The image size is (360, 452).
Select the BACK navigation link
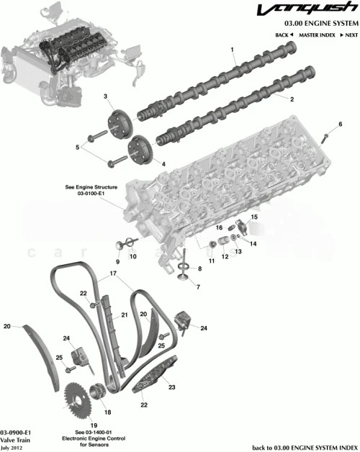pyautogui.click(x=285, y=35)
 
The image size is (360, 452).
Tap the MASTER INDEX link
pyautogui.click(x=318, y=35)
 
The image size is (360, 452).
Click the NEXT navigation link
pyautogui.click(x=350, y=35)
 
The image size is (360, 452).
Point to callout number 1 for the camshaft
pyautogui.click(x=233, y=49)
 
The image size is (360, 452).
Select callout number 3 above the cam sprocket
pyautogui.click(x=105, y=96)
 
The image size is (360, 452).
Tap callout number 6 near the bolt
pyautogui.click(x=339, y=125)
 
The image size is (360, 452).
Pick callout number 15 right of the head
pyautogui.click(x=254, y=217)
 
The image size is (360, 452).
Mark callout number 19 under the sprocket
pyautogui.click(x=94, y=425)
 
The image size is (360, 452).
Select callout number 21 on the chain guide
pyautogui.click(x=124, y=315)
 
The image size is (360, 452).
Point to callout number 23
pyautogui.click(x=171, y=387)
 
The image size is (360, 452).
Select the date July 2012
pyautogui.click(x=12, y=447)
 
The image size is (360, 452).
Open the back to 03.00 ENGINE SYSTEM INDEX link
pyautogui.click(x=305, y=446)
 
